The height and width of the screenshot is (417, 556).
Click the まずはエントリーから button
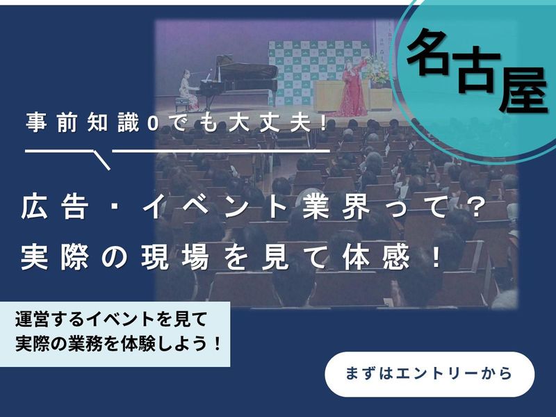(430, 374)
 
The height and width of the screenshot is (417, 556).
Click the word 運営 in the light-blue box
(33, 319)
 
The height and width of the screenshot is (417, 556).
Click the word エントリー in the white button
(439, 374)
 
